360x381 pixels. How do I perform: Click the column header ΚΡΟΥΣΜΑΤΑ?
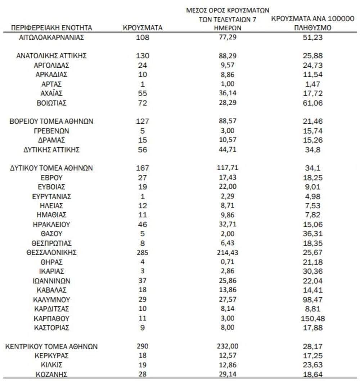[x=143, y=27]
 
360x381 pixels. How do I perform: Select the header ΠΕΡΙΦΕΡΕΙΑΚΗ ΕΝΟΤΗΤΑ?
[x=51, y=27]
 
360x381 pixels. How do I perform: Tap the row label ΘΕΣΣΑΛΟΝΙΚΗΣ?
[x=51, y=252]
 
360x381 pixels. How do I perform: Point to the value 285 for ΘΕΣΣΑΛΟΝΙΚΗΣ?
[x=143, y=252]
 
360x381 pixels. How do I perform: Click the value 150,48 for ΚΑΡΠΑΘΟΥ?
[x=312, y=319]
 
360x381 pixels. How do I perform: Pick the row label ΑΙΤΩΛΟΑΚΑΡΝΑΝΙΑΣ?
[x=51, y=37]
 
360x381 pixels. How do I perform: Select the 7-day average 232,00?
[x=228, y=347]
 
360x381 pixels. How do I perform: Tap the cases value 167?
[x=143, y=168]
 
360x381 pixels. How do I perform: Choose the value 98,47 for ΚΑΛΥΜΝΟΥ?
[x=312, y=300]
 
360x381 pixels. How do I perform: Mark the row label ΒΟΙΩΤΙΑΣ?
[x=51, y=103]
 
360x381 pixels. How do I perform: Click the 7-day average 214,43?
[x=228, y=252]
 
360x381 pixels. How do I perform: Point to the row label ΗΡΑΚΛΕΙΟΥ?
[x=51, y=224]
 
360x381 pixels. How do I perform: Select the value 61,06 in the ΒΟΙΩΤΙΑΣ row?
[x=312, y=103]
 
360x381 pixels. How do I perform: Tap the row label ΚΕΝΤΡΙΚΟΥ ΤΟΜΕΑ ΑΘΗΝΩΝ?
[x=51, y=347]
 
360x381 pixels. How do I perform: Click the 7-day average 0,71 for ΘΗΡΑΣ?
[x=228, y=262]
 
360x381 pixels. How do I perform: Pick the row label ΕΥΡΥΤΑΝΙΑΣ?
[x=51, y=196]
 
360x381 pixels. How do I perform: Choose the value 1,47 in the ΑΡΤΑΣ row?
[x=312, y=84]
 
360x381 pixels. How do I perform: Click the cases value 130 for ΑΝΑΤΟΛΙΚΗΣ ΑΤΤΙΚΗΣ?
[x=143, y=56]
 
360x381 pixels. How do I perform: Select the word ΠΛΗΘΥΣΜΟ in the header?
[x=312, y=28]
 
